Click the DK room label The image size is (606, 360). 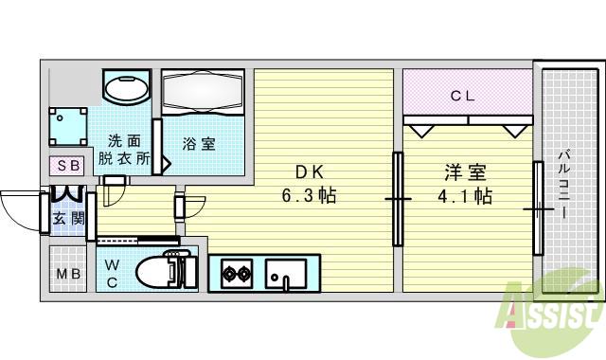click(310, 172)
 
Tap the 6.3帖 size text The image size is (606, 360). click(310, 197)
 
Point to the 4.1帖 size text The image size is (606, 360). click(466, 197)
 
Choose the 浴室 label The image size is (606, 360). click(199, 144)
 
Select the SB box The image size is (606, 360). click(68, 165)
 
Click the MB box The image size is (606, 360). click(67, 275)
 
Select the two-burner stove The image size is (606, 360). click(236, 276)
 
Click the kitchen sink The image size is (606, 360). click(285, 275)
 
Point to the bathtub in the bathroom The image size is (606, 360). click(204, 93)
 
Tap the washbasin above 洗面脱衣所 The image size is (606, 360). click(125, 90)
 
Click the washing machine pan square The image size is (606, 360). click(67, 126)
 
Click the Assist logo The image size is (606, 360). click(554, 308)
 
